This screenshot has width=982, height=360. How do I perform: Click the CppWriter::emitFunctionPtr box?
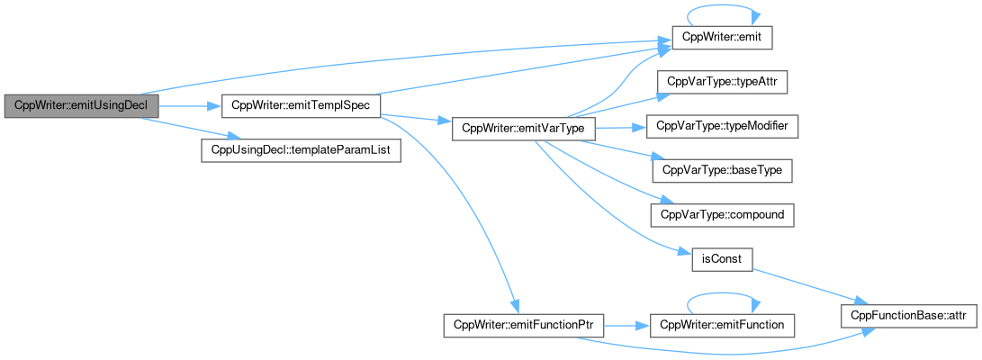pos(522,323)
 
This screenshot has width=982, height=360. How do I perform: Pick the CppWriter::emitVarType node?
pos(522,128)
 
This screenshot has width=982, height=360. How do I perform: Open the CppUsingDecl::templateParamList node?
pos(300,149)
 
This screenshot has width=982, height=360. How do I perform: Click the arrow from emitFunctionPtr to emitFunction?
pos(626,323)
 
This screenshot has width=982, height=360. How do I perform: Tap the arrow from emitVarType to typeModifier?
pos(621,127)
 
